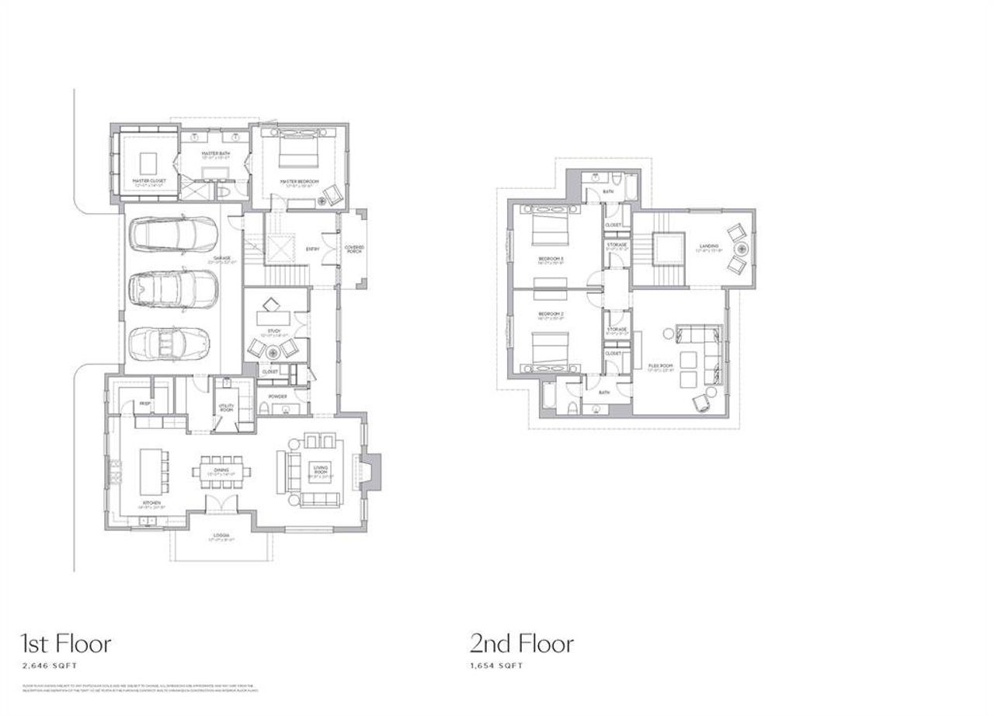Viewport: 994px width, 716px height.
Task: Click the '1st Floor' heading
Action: [x=65, y=644]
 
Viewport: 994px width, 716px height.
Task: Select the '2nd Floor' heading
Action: [x=521, y=644]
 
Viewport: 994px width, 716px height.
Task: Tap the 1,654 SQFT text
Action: [x=496, y=666]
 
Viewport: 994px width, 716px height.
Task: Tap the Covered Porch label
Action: [x=353, y=249]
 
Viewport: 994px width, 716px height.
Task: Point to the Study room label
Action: [x=273, y=332]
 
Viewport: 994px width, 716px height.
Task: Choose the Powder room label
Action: [x=277, y=396]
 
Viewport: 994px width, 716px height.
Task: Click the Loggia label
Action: [x=221, y=536]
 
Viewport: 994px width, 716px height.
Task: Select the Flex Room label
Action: [x=659, y=366]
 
